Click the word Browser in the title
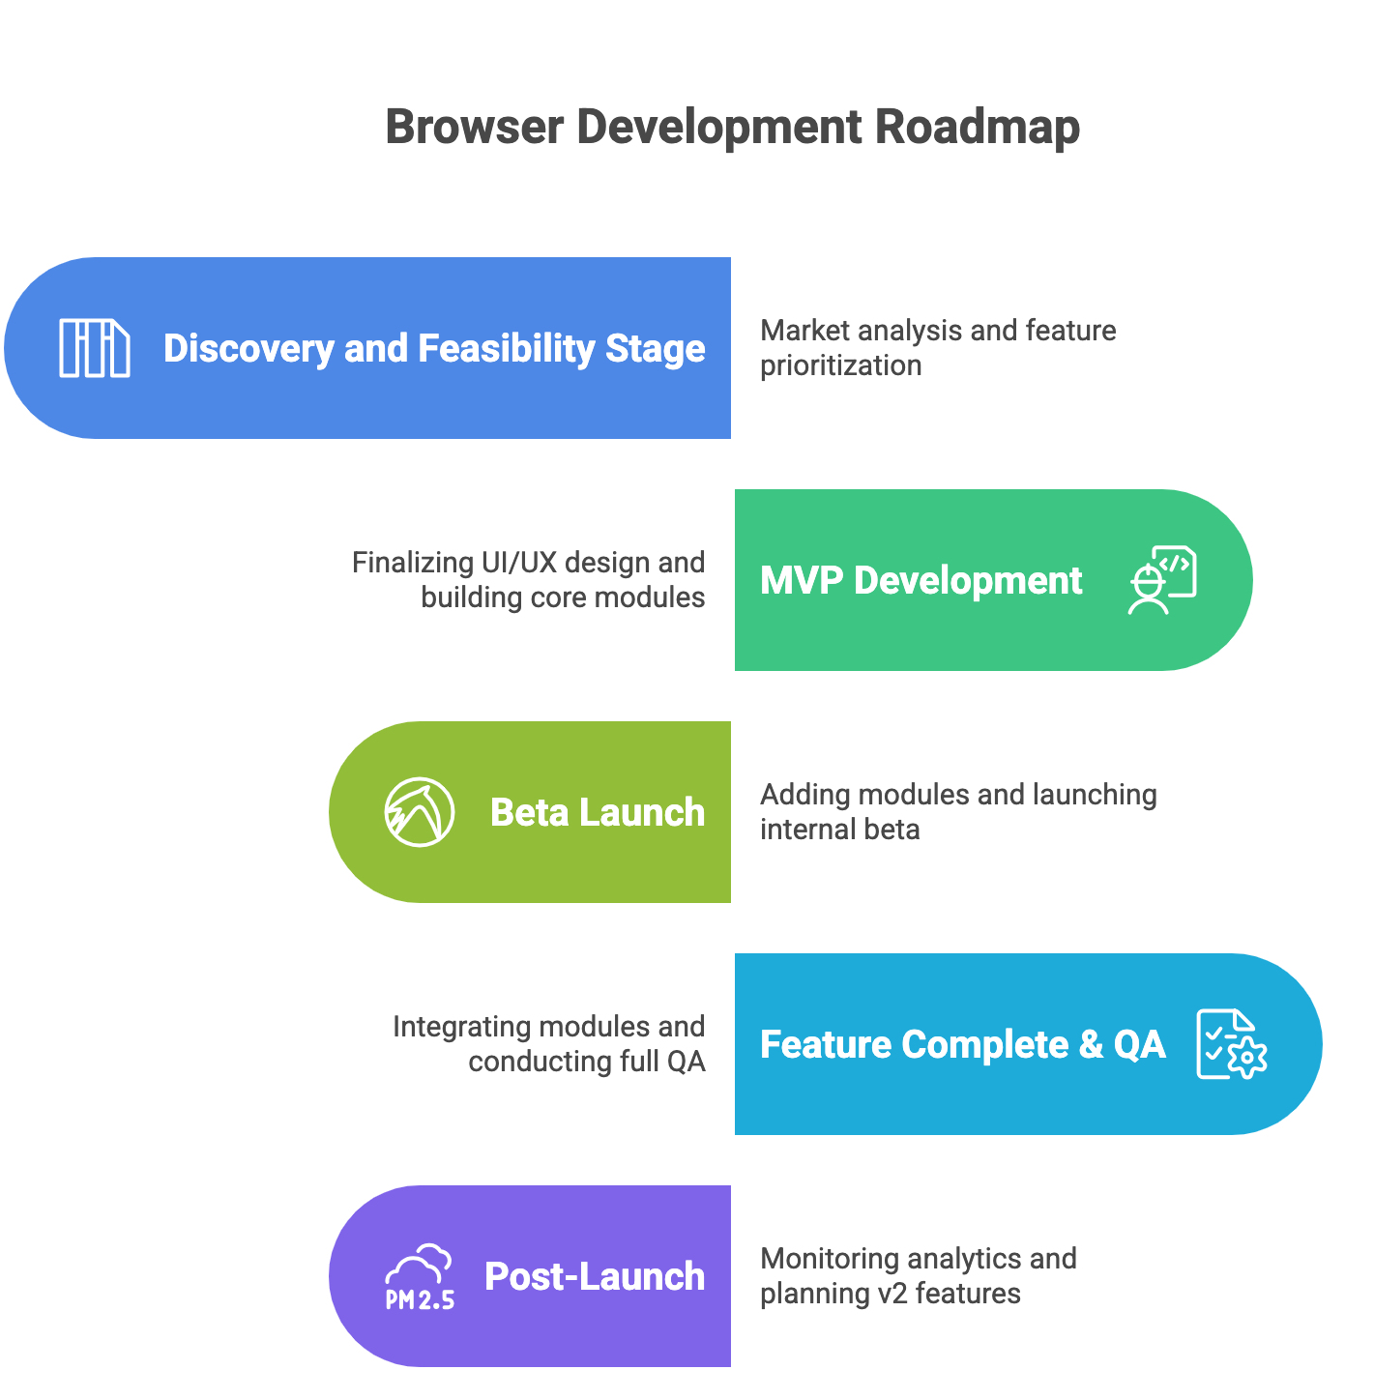pos(474,127)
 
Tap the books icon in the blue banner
pos(95,348)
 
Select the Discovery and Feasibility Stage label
pos(434,348)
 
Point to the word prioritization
pos(840,365)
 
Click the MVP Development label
pos(921,580)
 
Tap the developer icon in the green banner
pos(1163,580)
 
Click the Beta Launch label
pos(598,812)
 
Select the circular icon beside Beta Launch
pos(420,812)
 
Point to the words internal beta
pos(839,830)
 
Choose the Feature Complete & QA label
pos(962,1044)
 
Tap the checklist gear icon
pos(1231,1044)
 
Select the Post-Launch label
pos(594,1276)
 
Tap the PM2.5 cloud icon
pos(420,1277)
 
